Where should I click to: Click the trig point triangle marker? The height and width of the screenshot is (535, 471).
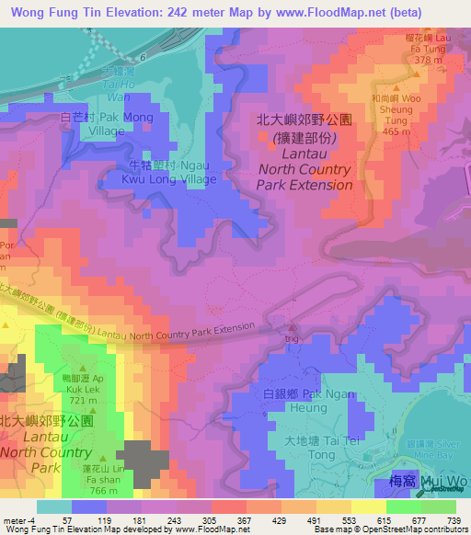293,327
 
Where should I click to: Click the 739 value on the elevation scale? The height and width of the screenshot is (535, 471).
453,519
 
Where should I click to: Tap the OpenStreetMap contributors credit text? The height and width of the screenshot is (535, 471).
409,529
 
